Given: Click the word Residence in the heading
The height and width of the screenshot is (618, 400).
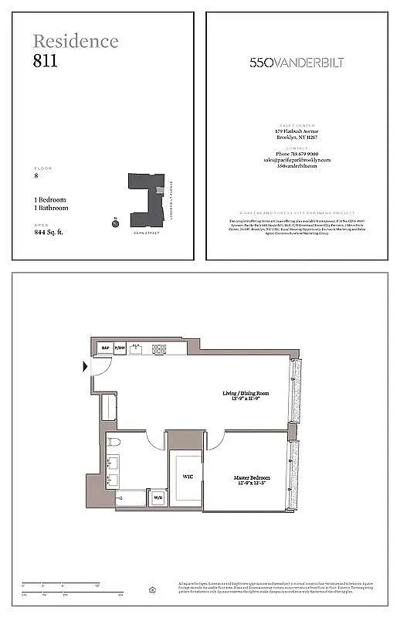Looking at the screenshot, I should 76,41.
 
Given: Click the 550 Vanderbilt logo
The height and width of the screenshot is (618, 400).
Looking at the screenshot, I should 297,63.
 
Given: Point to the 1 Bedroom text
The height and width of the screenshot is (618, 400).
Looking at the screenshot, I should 50,199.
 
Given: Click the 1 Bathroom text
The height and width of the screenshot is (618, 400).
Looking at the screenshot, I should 51,208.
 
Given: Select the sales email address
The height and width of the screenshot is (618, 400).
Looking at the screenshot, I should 297,160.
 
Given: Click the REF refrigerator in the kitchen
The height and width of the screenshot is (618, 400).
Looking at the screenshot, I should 105,348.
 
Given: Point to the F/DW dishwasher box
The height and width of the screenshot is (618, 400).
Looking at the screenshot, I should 120,348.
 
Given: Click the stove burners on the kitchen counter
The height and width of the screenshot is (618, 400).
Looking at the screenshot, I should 159,348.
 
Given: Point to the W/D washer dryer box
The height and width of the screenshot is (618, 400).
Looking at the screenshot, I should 158,498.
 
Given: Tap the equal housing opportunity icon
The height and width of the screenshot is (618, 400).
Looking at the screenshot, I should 153,590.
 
